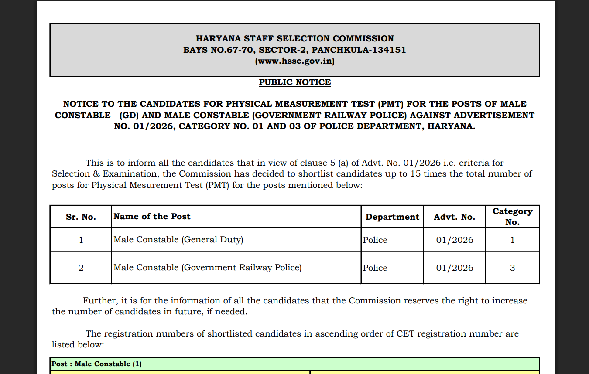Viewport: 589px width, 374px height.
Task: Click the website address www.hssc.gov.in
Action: point(294,61)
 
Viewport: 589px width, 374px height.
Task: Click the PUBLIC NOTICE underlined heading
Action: point(294,82)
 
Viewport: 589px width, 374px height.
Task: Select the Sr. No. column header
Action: point(81,217)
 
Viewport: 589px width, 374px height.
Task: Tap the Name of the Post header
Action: point(152,216)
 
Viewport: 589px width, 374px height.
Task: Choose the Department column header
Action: point(392,217)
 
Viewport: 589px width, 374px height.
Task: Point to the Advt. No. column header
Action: point(454,217)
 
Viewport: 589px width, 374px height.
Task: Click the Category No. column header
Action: point(512,216)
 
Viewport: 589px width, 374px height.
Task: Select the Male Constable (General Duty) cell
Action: point(178,240)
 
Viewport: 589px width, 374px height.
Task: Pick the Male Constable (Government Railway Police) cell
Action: point(208,268)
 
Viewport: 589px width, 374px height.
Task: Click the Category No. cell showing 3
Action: point(512,268)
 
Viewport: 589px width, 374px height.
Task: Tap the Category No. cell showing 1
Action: point(512,240)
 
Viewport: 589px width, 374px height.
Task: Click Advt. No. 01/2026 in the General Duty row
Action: point(454,240)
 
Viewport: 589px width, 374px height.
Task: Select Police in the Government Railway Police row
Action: point(375,268)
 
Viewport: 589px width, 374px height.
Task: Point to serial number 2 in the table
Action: point(81,268)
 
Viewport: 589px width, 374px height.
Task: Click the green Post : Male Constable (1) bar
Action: point(294,364)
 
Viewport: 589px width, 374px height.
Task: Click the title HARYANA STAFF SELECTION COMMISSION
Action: point(294,38)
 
